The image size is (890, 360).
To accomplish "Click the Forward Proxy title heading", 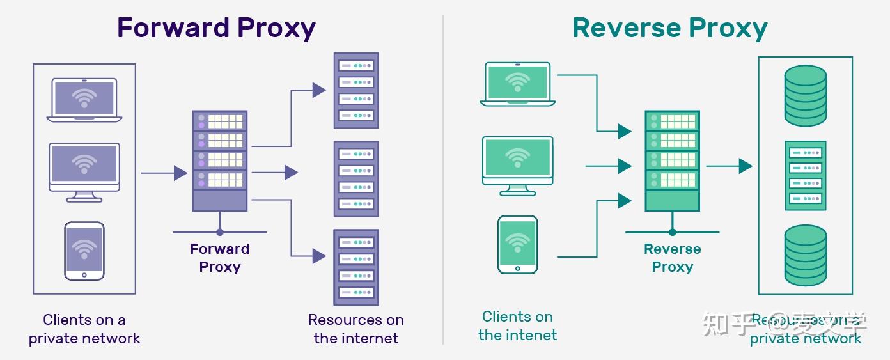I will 216,29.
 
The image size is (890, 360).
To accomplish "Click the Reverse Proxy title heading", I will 669,29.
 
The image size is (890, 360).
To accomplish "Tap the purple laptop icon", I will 84,100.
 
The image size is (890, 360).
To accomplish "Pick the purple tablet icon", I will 84,251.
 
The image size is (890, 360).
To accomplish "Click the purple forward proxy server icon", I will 220,160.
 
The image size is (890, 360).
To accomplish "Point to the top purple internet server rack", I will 356,90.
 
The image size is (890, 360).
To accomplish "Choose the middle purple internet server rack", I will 356,179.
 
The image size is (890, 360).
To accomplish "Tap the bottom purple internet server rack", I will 356,267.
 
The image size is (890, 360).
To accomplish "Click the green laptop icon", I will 517,84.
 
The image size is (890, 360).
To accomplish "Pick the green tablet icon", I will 517,244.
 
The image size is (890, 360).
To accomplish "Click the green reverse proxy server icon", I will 672,160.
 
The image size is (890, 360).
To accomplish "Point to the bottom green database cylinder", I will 806,255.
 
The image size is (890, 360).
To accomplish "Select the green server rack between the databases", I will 806,176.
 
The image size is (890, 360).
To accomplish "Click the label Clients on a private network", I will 84,329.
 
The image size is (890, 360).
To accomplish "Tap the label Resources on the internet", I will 356,329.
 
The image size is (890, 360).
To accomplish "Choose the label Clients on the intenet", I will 517,325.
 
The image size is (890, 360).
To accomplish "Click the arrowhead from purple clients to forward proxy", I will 181,173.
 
